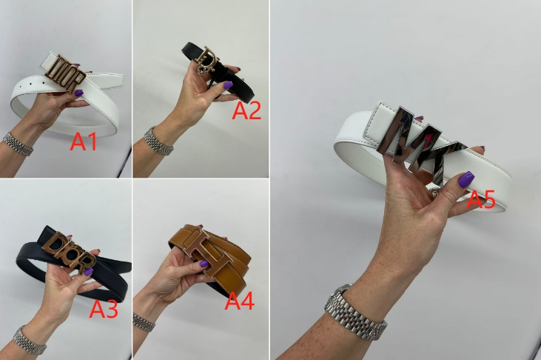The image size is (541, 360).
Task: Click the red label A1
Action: [83, 141]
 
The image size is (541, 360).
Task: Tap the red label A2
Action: [246, 110]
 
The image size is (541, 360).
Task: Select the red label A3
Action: [104, 309]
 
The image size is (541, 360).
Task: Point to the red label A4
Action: [240, 301]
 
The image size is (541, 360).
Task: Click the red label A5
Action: [481, 200]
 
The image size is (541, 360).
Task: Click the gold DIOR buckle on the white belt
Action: [65, 73]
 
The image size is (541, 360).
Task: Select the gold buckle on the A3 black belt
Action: [69, 251]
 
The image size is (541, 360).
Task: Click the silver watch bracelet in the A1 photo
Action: [18, 144]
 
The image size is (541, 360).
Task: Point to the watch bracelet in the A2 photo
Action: [158, 141]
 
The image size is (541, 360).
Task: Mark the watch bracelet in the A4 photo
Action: [144, 322]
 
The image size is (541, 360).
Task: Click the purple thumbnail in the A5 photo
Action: [466, 179]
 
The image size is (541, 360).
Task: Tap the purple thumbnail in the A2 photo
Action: [228, 84]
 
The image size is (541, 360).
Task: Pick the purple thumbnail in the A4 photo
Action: [204, 264]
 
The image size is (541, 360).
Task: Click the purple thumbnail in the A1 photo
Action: [79, 93]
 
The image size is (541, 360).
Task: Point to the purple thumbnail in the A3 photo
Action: [89, 271]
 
